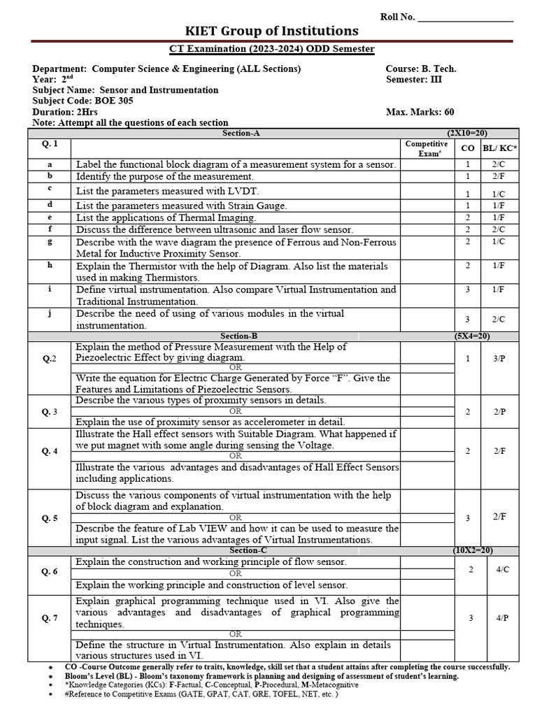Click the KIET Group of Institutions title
click(271, 31)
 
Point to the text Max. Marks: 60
click(420, 112)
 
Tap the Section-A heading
click(241, 132)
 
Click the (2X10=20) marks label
click(467, 132)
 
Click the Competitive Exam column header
click(427, 148)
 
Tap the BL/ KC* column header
click(500, 148)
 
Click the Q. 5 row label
click(50, 518)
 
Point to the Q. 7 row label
click(50, 617)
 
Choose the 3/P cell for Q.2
click(499, 357)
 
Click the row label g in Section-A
click(50, 241)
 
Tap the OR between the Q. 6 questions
click(236, 573)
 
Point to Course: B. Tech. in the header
click(421, 69)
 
